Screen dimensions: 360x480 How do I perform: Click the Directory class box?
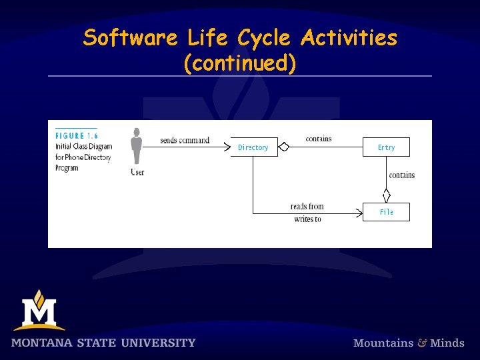(253, 147)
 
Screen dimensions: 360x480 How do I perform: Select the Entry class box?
(386, 147)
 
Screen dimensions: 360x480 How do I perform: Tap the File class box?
(386, 212)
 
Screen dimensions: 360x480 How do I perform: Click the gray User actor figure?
(137, 147)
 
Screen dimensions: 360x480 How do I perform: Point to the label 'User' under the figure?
(137, 173)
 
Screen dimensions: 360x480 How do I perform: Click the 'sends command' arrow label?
(185, 140)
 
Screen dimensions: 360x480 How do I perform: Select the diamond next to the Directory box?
(284, 147)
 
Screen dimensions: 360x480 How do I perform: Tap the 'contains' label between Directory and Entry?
(319, 139)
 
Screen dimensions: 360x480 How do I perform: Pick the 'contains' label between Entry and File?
(401, 175)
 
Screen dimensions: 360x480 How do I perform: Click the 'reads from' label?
(307, 207)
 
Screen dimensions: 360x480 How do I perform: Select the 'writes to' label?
(307, 219)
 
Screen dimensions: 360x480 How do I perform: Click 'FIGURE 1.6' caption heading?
(77, 136)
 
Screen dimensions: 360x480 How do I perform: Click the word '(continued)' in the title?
(239, 63)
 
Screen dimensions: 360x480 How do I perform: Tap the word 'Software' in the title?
(130, 38)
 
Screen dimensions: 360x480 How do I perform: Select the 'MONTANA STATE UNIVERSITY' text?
(103, 343)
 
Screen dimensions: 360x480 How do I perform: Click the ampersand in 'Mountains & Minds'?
(422, 343)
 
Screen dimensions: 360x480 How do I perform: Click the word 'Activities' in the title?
(349, 38)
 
